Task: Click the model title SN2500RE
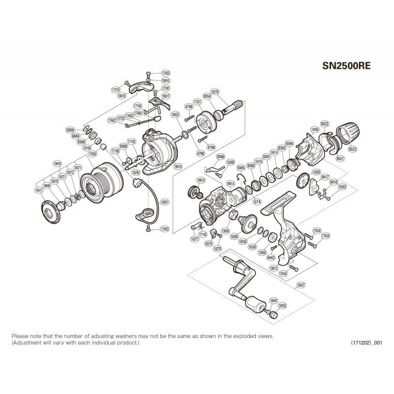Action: [346, 65]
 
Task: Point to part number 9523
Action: [353, 149]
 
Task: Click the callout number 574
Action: [256, 201]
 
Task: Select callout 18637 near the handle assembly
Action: [301, 285]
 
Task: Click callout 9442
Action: [270, 257]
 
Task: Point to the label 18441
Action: [273, 300]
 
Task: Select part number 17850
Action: [92, 154]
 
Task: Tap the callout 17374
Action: [116, 90]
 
